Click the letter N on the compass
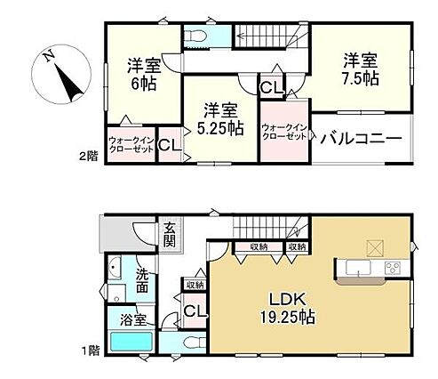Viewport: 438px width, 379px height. coord(49,56)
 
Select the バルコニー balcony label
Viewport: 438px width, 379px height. coord(362,138)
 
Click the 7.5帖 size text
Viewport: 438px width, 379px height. coord(361,79)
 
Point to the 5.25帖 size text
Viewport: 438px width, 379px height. coord(220,129)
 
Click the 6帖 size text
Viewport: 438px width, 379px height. coord(144,84)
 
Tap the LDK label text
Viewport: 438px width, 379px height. coord(287,300)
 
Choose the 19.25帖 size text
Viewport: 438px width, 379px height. coord(287,318)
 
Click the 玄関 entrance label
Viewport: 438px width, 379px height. coord(170,236)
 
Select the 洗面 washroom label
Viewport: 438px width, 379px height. coord(142,281)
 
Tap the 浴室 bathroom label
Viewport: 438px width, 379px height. coord(133,320)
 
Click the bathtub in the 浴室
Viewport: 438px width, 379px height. coord(131,342)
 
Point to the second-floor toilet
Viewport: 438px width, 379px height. coord(195,36)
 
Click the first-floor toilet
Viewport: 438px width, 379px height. coord(195,343)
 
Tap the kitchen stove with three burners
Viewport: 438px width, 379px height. coord(393,269)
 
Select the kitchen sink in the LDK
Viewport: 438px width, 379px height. coord(358,268)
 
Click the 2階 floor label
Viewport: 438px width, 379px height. coord(88,157)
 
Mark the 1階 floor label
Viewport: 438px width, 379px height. coord(91,351)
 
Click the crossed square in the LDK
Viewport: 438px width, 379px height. coord(375,248)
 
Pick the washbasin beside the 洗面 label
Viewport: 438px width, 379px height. coord(114,267)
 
